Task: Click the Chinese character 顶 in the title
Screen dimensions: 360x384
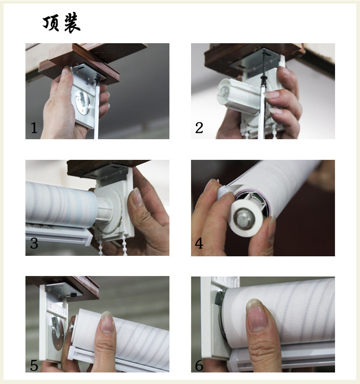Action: click(51, 23)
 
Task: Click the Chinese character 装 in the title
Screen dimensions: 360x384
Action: click(72, 23)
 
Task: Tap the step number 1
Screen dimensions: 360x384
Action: click(34, 128)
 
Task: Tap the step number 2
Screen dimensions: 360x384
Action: click(199, 128)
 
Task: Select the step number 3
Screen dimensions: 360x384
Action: click(34, 243)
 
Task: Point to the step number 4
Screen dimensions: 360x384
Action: click(199, 243)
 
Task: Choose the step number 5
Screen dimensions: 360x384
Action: click(34, 365)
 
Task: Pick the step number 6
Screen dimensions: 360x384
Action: click(199, 365)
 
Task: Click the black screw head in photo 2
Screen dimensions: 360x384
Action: click(264, 78)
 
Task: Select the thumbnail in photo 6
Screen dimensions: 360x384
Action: click(256, 315)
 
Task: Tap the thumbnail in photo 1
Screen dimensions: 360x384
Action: click(66, 71)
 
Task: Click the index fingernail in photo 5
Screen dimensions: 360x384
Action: click(107, 322)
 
